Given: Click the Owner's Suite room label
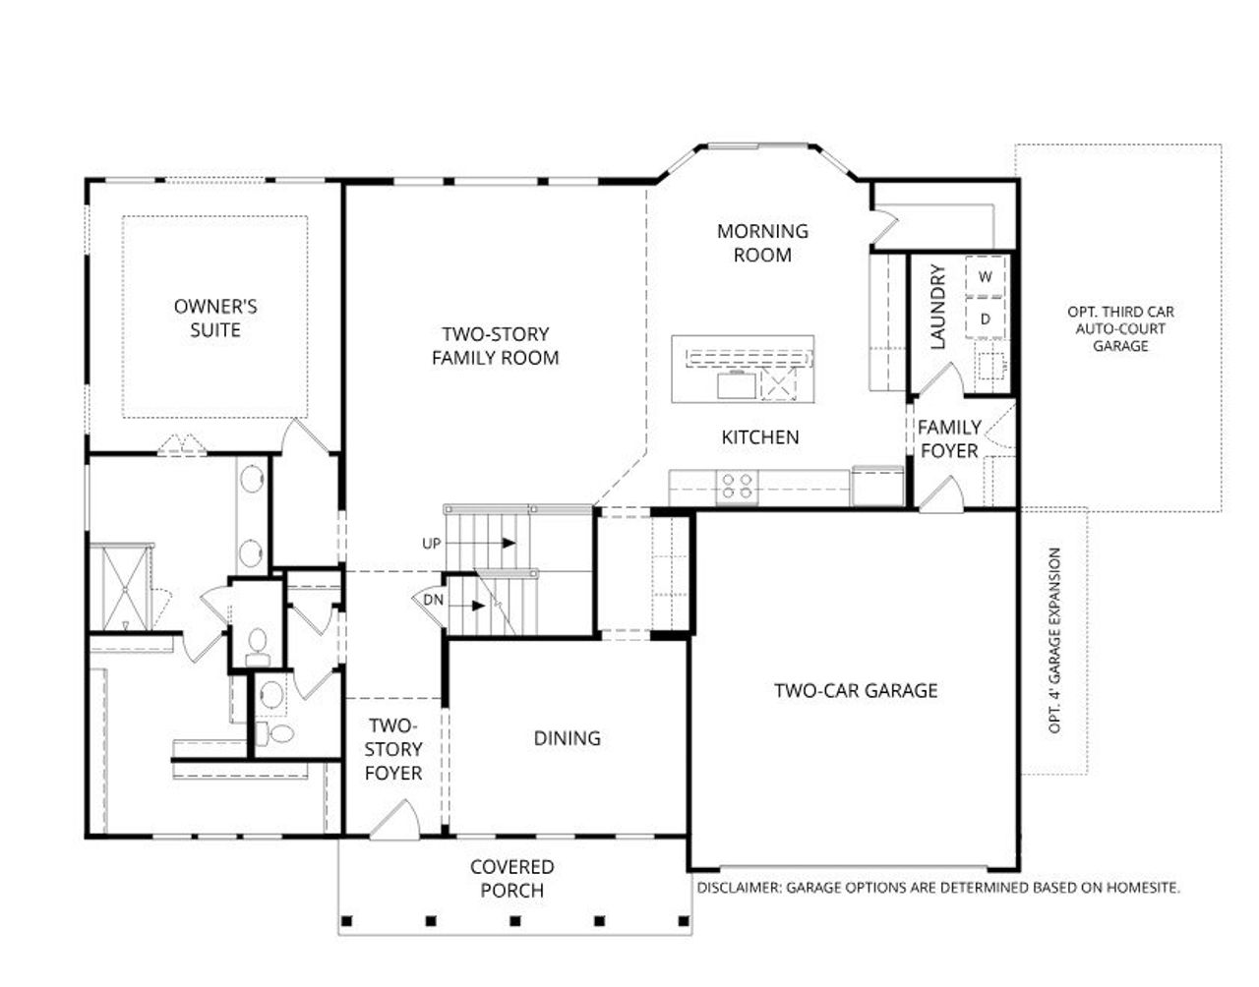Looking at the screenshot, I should pyautogui.click(x=215, y=318).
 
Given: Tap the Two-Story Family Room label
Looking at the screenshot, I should pyautogui.click(x=495, y=346).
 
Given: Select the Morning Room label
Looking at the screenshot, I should pyautogui.click(x=762, y=243).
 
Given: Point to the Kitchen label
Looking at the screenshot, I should pyautogui.click(x=760, y=436).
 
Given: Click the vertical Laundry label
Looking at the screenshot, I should pyautogui.click(x=936, y=307).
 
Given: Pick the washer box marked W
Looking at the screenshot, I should pyautogui.click(x=985, y=276).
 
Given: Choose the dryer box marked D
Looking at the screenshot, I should pyautogui.click(x=985, y=319).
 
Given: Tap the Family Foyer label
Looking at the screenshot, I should pyautogui.click(x=949, y=438).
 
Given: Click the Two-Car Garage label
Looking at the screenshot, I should pyautogui.click(x=856, y=690).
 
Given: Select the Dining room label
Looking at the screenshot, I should pyautogui.click(x=567, y=737).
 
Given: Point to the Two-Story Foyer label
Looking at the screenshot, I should pyautogui.click(x=393, y=749).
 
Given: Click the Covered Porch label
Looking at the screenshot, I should pyautogui.click(x=511, y=879).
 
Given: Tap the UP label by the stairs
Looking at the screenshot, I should pyautogui.click(x=432, y=543).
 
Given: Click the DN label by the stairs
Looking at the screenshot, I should pyautogui.click(x=433, y=600).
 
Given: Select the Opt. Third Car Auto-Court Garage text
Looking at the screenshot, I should pyautogui.click(x=1120, y=328).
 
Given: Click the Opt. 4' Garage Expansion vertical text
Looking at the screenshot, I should pyautogui.click(x=1055, y=640).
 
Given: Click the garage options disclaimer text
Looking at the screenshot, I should pyautogui.click(x=938, y=887).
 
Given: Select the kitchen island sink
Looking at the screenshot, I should pyautogui.click(x=734, y=384).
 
